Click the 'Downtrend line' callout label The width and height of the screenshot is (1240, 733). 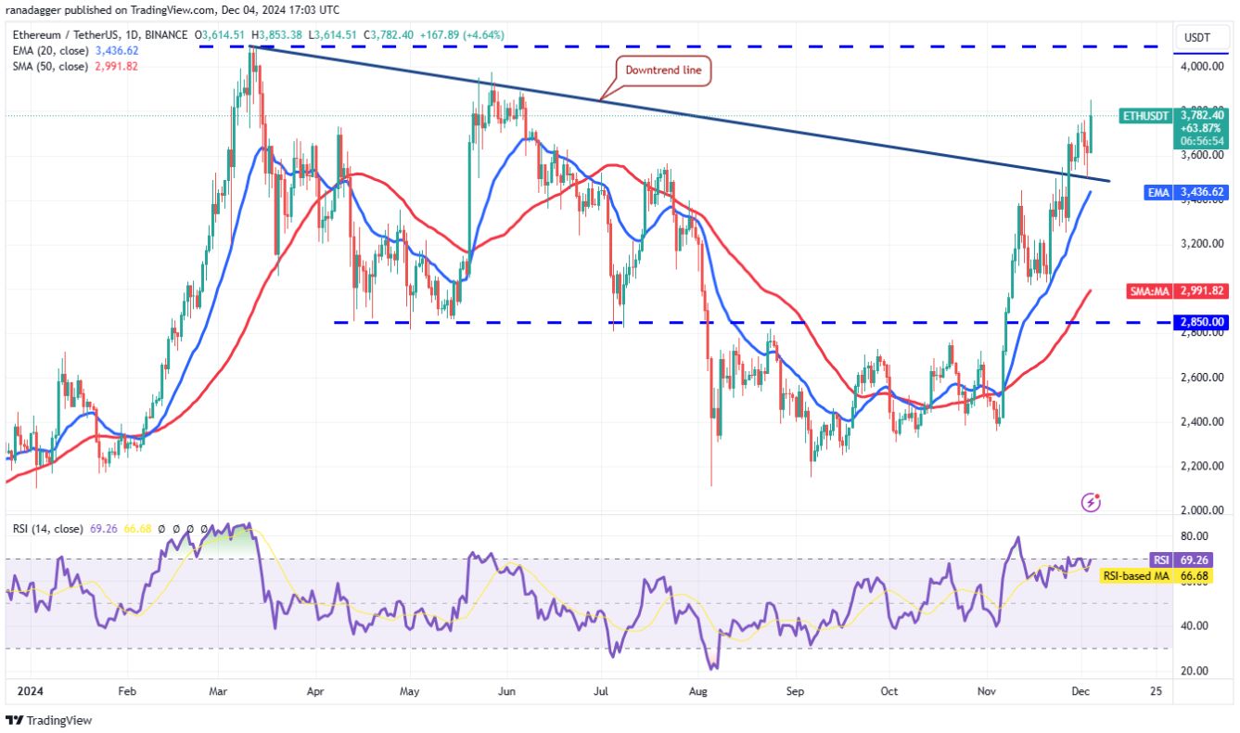pyautogui.click(x=664, y=71)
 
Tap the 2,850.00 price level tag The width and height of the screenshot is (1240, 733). pyautogui.click(x=1202, y=322)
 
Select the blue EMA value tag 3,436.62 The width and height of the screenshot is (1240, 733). pyautogui.click(x=1202, y=191)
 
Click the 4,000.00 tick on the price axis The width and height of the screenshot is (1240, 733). pyautogui.click(x=1201, y=67)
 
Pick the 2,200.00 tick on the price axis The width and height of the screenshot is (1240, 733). pyautogui.click(x=1201, y=466)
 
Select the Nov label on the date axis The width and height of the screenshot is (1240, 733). pyautogui.click(x=987, y=691)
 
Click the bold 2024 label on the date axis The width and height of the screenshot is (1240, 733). pyautogui.click(x=28, y=691)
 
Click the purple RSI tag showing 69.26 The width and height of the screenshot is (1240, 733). pyautogui.click(x=1202, y=560)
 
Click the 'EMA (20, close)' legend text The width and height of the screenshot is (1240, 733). pyautogui.click(x=48, y=51)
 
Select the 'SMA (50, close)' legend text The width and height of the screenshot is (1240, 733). pyautogui.click(x=48, y=66)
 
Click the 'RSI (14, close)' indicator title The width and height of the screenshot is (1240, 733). pyautogui.click(x=47, y=529)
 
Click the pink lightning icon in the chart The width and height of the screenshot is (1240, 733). pyautogui.click(x=1092, y=503)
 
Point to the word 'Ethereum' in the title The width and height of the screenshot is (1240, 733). pyautogui.click(x=37, y=35)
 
